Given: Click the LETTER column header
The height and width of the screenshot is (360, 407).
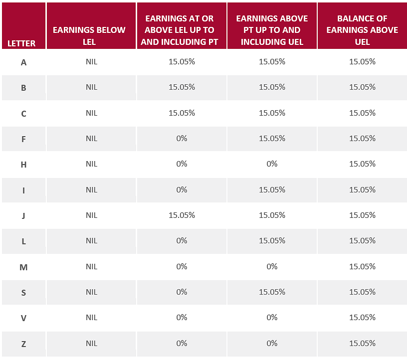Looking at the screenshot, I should (21, 43).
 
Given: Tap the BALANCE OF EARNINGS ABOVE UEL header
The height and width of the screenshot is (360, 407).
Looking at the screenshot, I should (362, 30).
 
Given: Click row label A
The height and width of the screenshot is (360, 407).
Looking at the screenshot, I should (23, 62).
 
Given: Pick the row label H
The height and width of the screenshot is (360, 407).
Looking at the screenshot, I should (23, 165).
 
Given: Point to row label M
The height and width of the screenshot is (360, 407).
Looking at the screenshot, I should (23, 267).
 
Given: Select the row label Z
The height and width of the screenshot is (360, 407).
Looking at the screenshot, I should (23, 344).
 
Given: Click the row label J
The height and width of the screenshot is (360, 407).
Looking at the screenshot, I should (23, 216).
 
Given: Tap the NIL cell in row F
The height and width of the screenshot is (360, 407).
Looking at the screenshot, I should (91, 139).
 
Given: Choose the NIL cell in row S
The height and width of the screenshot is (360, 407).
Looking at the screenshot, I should (91, 292).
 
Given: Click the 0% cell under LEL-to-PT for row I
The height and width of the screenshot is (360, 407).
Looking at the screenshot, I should (182, 190).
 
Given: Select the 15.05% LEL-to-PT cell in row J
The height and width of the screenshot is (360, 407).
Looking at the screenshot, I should (182, 215).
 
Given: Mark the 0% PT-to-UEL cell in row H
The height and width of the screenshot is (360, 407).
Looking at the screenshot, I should (272, 164).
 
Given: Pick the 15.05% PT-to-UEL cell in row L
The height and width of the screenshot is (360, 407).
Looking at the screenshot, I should (272, 241).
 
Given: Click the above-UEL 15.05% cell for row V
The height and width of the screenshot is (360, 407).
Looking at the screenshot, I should (362, 318).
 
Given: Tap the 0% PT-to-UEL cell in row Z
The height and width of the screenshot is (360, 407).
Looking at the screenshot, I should (272, 344).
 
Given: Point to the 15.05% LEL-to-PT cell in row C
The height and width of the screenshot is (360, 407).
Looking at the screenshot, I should (182, 113).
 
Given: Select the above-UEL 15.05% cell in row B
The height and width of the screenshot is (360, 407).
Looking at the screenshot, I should (362, 87).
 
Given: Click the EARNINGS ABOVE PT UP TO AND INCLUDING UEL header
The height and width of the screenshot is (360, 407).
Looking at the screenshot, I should (272, 30).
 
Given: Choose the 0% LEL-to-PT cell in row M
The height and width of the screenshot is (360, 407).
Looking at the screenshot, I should (182, 267).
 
